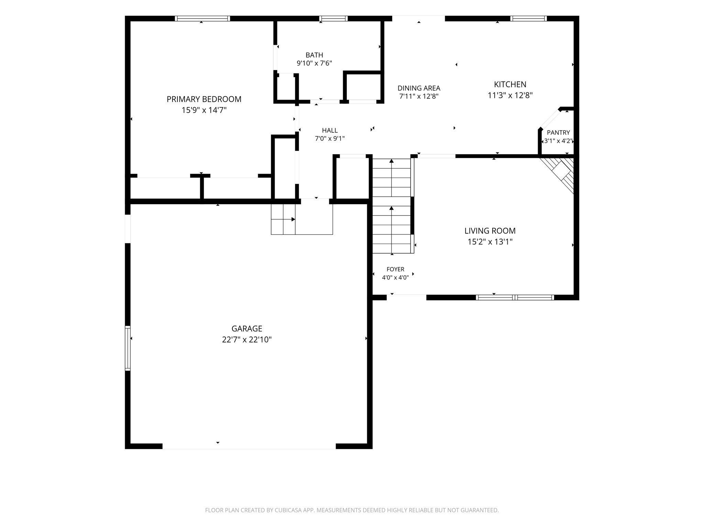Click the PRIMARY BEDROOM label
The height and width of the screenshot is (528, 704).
[204, 99]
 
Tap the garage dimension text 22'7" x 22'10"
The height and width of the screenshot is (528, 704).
[247, 340]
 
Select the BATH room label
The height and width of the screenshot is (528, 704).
[314, 55]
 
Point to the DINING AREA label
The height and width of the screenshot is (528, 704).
[419, 88]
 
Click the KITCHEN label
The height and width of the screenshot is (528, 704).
[510, 84]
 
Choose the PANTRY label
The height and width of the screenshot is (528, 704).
[558, 132]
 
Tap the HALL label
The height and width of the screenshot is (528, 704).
[330, 130]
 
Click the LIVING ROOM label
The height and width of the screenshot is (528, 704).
[490, 231]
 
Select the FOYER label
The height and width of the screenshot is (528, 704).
[395, 269]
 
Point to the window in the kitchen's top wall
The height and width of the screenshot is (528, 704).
[528, 19]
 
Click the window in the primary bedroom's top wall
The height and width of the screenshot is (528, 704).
[202, 19]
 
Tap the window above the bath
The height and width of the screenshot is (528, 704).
[333, 19]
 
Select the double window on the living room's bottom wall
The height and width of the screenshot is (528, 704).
[515, 297]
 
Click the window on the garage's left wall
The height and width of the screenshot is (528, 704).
[128, 348]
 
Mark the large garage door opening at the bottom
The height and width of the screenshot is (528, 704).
[249, 446]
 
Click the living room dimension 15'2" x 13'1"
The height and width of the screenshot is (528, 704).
[490, 242]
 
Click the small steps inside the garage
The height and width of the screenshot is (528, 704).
[283, 219]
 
